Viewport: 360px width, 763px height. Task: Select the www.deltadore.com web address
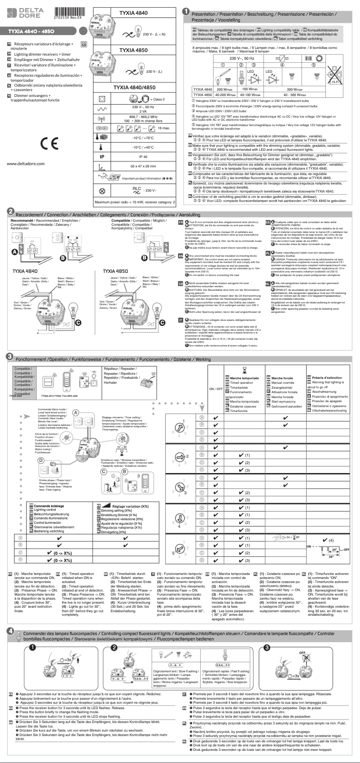[26, 163]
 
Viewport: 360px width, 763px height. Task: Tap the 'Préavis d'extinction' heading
[327, 378]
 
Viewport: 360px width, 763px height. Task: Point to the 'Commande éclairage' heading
[48, 506]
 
